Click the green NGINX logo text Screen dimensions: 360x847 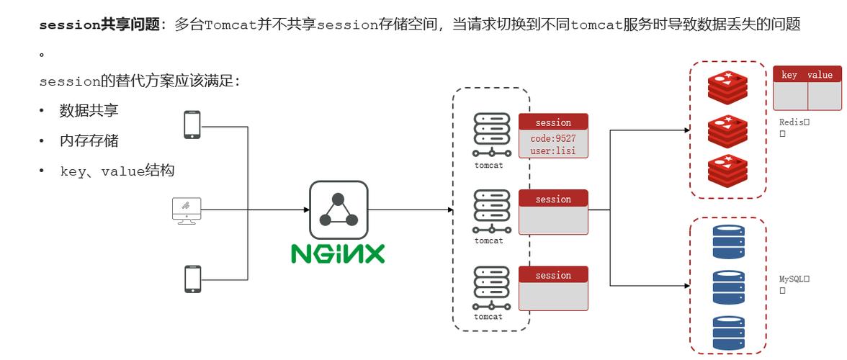pos(338,253)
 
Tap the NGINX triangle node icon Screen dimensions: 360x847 pos(339,210)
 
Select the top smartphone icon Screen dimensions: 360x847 pos(192,125)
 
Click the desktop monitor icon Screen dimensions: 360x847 pos(187,210)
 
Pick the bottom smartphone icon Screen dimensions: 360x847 pos(192,279)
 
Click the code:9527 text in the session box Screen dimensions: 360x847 pos(553,138)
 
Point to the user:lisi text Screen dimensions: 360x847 pos(553,150)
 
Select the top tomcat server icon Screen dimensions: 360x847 pos(491,135)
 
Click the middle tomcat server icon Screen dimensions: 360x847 pos(491,211)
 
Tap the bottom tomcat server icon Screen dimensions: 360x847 pos(491,287)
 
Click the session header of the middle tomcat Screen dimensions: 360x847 pos(553,199)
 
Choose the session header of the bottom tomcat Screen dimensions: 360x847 pos(553,275)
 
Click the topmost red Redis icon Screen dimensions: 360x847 pos(727,88)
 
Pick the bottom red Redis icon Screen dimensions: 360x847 pos(727,171)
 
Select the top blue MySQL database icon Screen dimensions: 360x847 pos(728,242)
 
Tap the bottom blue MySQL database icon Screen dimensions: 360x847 pos(728,333)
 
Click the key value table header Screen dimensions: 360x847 pos(807,75)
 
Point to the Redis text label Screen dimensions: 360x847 pos(792,122)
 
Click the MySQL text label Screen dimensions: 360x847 pos(792,279)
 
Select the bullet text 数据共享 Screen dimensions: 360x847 pos(89,110)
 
